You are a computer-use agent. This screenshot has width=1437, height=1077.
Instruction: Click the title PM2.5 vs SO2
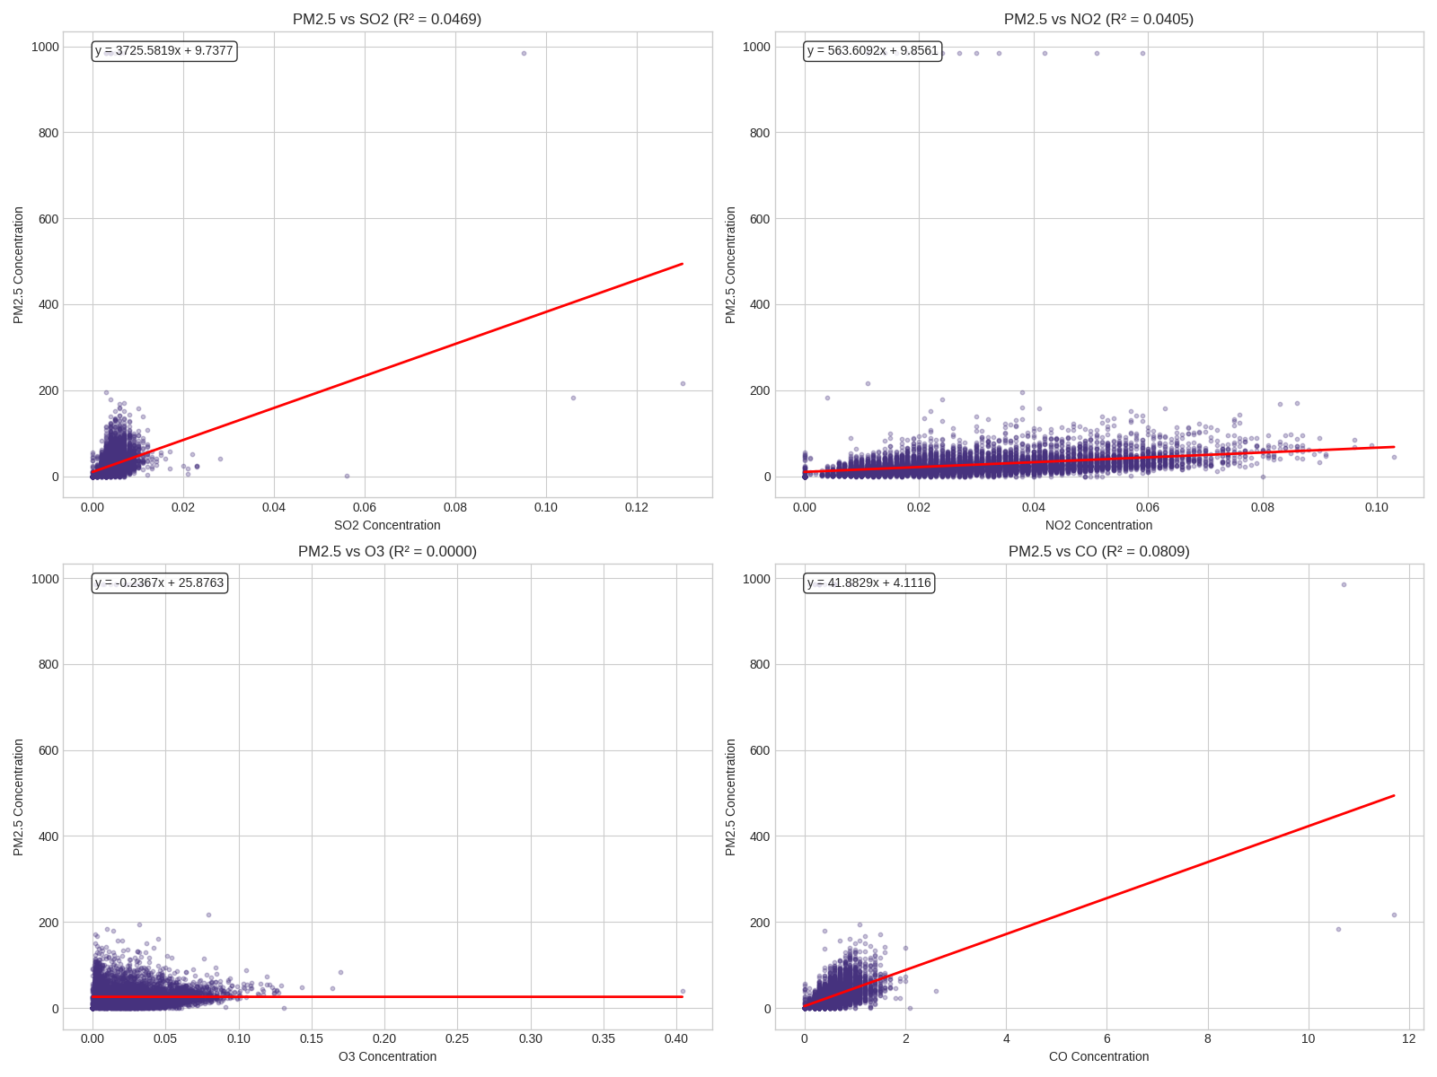pyautogui.click(x=387, y=19)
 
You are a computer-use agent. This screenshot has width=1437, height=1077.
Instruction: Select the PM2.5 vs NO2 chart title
pyautogui.click(x=1098, y=19)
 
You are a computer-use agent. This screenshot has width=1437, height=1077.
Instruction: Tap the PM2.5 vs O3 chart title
pyautogui.click(x=387, y=551)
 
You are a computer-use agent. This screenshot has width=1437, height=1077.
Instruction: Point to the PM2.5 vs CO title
pyautogui.click(x=1098, y=551)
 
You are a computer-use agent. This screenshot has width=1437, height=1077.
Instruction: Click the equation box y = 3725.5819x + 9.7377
pyautogui.click(x=164, y=51)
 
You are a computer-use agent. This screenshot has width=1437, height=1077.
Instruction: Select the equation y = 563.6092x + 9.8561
pyautogui.click(x=872, y=51)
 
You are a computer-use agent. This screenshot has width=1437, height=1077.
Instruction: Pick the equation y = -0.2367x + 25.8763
pyautogui.click(x=160, y=583)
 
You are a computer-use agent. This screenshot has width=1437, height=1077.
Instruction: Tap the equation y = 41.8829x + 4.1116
pyautogui.click(x=868, y=583)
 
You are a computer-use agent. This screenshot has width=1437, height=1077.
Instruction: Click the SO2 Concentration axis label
pyautogui.click(x=387, y=525)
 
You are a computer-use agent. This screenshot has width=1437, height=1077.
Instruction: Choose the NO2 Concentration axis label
pyautogui.click(x=1098, y=525)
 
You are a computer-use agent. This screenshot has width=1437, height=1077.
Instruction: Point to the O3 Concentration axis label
pyautogui.click(x=387, y=1056)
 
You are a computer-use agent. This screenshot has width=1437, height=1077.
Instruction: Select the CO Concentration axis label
pyautogui.click(x=1098, y=1056)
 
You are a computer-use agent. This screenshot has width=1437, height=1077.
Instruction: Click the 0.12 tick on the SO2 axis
pyautogui.click(x=637, y=508)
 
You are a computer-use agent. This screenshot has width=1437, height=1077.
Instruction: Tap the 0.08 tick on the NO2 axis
pyautogui.click(x=1262, y=508)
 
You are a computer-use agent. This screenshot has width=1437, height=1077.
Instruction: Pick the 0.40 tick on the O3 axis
pyautogui.click(x=676, y=1039)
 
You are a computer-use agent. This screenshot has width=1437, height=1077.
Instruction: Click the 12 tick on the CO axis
pyautogui.click(x=1408, y=1039)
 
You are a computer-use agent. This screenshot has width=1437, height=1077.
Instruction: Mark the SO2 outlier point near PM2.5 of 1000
pyautogui.click(x=524, y=53)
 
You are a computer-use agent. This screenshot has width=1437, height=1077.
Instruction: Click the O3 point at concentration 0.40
pyautogui.click(x=683, y=992)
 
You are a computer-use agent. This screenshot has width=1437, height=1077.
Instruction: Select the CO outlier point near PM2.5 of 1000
pyautogui.click(x=1344, y=585)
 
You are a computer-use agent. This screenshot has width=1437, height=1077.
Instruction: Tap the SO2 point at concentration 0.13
pyautogui.click(x=683, y=384)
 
